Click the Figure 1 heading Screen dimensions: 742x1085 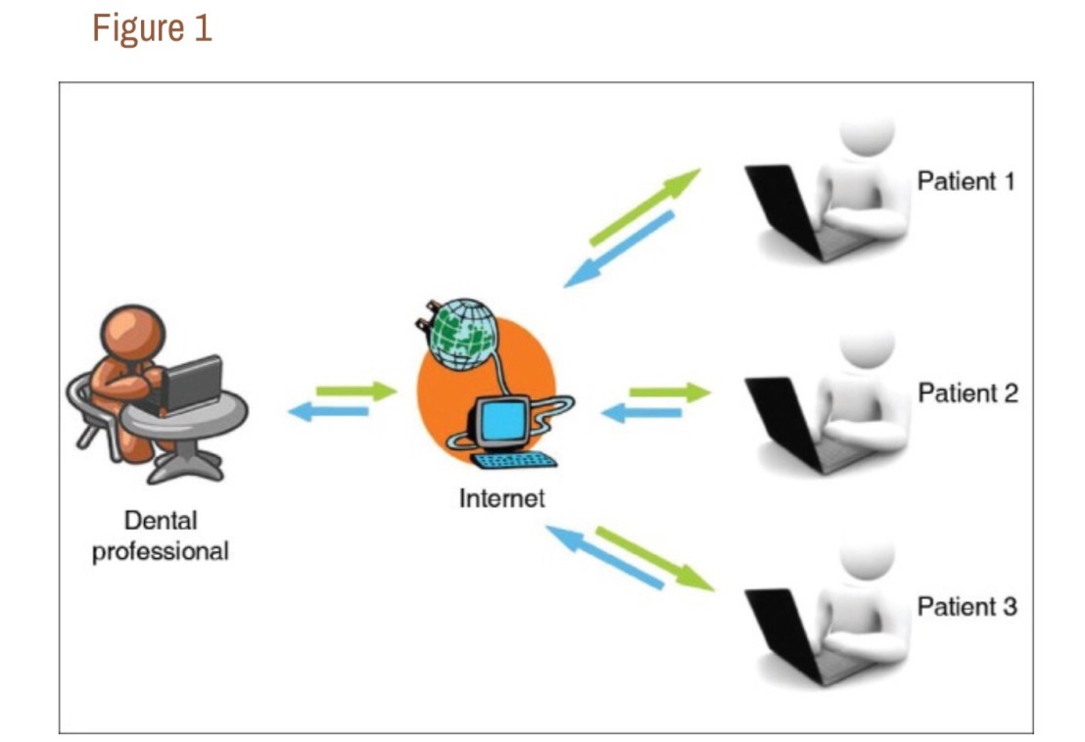(x=152, y=28)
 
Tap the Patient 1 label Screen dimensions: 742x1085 (x=966, y=181)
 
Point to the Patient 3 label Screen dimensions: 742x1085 (x=967, y=606)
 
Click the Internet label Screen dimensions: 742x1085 (x=501, y=498)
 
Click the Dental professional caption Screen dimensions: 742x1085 (x=160, y=535)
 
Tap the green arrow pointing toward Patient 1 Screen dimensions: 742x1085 (x=643, y=207)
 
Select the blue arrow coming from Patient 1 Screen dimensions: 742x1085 (x=620, y=251)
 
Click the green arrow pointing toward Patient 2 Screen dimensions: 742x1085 (x=669, y=393)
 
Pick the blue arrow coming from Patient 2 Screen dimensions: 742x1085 (x=640, y=413)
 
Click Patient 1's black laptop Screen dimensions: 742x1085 (x=780, y=209)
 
